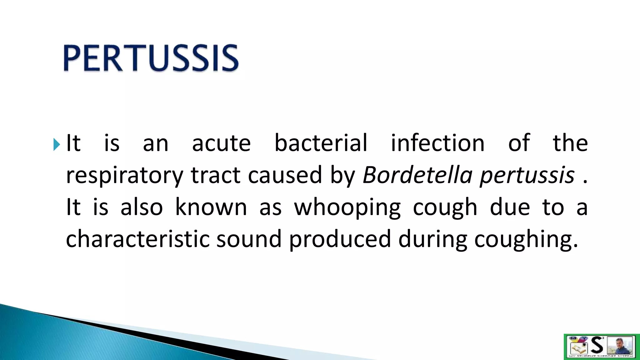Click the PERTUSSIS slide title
(x=151, y=58)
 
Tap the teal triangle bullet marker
(x=56, y=144)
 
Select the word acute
(x=221, y=143)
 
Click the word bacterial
(x=321, y=143)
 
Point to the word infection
(x=437, y=143)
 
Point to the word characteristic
(x=137, y=239)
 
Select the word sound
(x=249, y=239)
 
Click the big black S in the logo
(x=597, y=345)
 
